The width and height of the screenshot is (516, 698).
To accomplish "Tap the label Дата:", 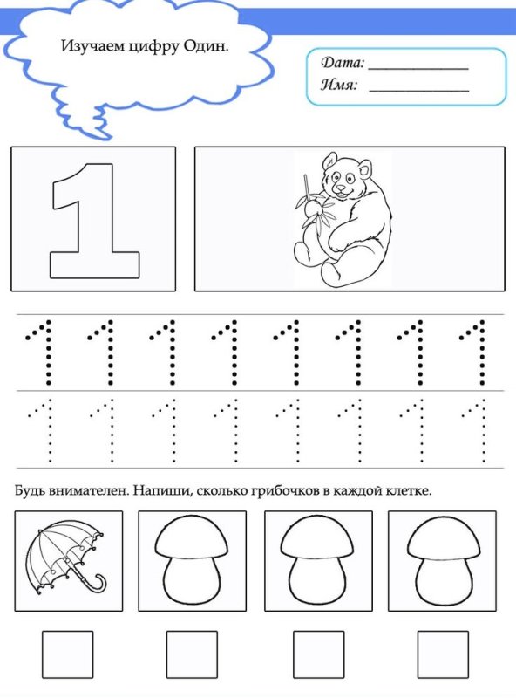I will [343, 64].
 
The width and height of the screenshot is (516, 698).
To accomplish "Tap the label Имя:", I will [340, 86].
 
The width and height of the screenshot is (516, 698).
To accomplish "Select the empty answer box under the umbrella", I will [67, 654].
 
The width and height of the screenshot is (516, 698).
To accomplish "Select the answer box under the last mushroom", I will [442, 654].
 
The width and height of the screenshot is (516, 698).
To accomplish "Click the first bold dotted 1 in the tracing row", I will [41, 352].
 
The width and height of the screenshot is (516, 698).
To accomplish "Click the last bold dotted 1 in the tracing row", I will [476, 352].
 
